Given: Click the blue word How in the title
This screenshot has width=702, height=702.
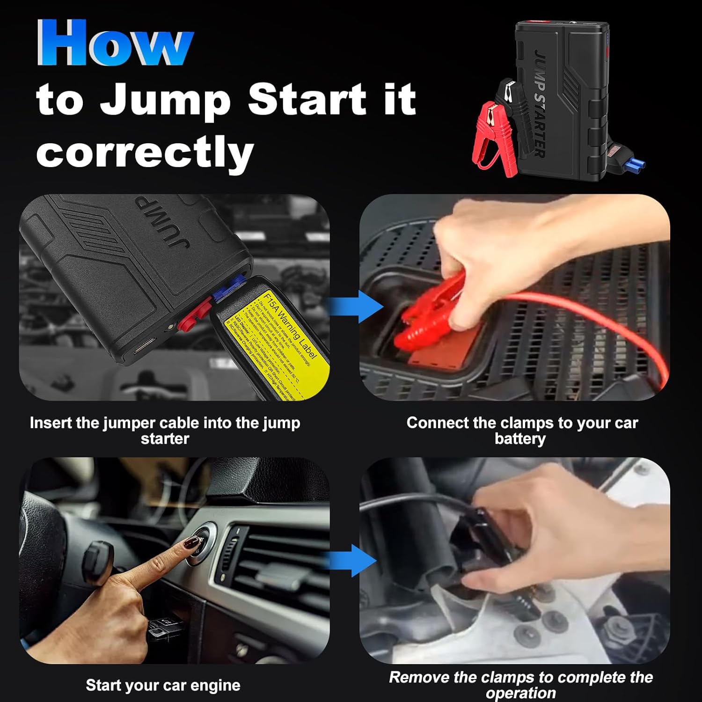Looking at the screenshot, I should [115, 44].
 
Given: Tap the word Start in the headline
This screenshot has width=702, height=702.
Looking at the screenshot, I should [307, 99].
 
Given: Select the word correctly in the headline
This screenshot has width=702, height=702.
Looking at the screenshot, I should [145, 152].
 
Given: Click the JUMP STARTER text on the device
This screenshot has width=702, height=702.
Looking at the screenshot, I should [540, 103].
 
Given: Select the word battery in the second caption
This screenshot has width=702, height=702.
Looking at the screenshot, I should [520, 439].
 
